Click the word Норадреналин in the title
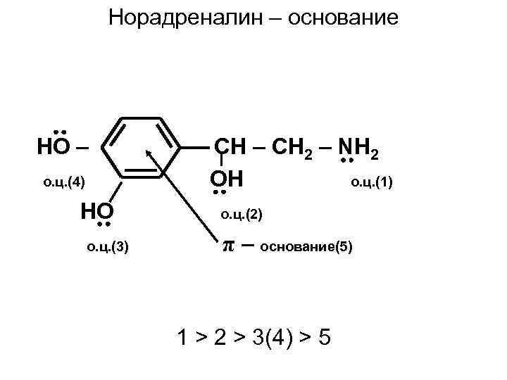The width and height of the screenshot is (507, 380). [x=179, y=17]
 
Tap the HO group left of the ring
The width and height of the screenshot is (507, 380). [x=54, y=147]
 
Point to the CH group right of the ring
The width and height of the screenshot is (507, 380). [x=230, y=147]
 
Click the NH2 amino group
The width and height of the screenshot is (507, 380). [x=359, y=148]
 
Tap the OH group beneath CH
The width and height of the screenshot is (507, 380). [x=227, y=178]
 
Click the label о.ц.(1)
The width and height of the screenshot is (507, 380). [x=370, y=184]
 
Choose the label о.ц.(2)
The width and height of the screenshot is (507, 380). [x=241, y=214]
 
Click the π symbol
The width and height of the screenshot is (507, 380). [x=227, y=246]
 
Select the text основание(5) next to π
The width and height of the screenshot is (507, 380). [x=307, y=247]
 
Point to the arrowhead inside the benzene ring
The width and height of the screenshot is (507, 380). [x=149, y=151]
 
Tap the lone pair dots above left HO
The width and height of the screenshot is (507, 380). [x=60, y=132]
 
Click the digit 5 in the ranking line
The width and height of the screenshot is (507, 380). [x=324, y=338]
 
